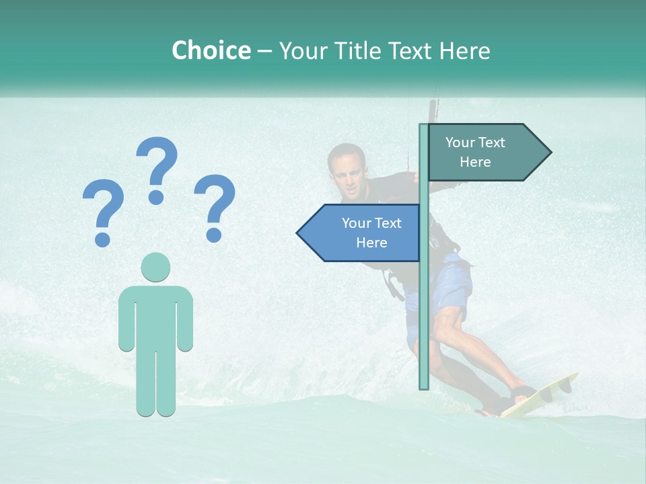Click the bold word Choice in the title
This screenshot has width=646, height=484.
point(211,51)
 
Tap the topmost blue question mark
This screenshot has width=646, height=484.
point(157,168)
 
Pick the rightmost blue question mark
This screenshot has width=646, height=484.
point(215,206)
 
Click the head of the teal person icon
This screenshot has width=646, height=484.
point(155,267)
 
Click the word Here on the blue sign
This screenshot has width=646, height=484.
point(371,243)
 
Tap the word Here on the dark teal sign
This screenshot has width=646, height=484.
point(475,162)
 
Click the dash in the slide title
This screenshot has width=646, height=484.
point(264,51)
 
